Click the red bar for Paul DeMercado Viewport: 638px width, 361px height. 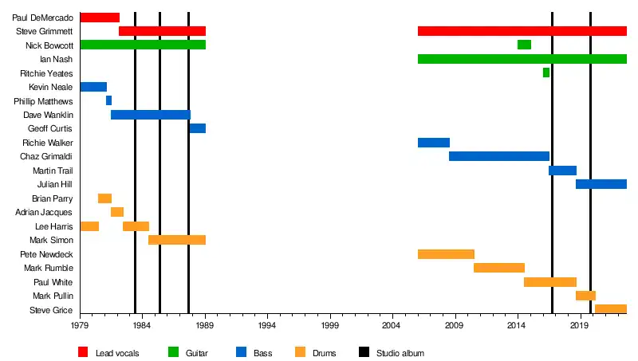100,18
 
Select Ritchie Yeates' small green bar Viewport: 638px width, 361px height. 546,73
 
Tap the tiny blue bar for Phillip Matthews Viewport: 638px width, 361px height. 108,100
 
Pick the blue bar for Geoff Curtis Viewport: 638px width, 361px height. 198,128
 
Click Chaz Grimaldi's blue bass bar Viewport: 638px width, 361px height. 499,156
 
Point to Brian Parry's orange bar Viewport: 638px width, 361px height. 104,198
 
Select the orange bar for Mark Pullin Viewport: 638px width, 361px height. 585,296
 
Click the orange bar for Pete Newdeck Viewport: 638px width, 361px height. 446,254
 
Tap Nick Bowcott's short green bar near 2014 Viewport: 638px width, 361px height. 524,45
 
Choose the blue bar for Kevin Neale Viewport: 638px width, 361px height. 93,87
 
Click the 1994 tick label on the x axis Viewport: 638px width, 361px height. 266,326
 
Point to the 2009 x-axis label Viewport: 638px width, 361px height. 454,326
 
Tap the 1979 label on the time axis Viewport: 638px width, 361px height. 80,326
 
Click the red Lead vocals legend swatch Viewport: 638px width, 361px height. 83,352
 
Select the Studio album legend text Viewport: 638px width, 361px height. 400,353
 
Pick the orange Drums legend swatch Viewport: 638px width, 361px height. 300,352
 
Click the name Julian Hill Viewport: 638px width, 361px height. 55,185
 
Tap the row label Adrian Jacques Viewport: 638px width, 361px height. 45,213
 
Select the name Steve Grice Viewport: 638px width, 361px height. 51,310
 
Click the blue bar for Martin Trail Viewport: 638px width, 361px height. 562,171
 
